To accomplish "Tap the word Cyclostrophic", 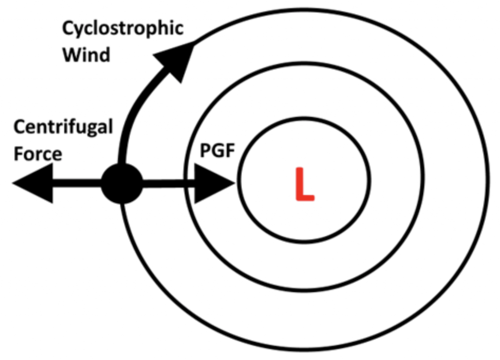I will [123, 28].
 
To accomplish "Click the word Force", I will [38, 154].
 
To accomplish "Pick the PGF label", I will [218, 152].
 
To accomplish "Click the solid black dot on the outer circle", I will [122, 183].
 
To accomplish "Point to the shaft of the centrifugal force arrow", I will [76, 183].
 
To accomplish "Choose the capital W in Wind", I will [71, 54].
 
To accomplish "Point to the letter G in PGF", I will [218, 152].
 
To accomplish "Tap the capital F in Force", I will [19, 154].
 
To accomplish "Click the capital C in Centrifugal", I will [20, 128].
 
